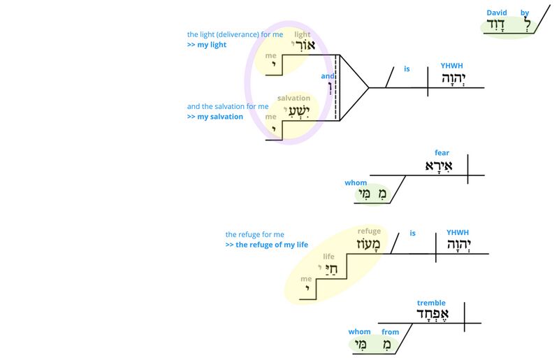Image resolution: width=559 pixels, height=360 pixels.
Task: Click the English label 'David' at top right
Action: (497, 13)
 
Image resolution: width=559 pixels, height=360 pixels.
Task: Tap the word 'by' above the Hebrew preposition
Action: (525, 13)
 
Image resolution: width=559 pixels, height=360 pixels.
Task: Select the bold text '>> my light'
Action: (206, 45)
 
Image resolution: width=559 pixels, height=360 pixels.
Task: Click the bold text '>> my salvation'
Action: (215, 117)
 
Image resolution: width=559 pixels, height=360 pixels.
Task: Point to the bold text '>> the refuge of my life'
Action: (267, 245)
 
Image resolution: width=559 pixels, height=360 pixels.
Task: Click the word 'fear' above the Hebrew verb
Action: (442, 152)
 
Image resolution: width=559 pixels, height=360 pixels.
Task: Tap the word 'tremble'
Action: (431, 303)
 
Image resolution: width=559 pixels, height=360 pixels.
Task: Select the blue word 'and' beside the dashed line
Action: (327, 76)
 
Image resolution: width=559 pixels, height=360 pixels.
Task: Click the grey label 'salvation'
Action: (293, 99)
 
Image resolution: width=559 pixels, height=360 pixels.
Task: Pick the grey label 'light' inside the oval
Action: (302, 34)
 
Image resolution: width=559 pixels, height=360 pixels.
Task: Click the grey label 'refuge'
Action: (369, 231)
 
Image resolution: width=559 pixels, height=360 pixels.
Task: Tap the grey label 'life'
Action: (328, 257)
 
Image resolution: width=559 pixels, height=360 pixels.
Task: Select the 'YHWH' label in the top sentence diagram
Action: (451, 66)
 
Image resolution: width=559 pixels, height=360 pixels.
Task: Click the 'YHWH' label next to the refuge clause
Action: (458, 233)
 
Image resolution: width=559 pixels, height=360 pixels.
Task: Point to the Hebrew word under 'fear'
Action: (440, 166)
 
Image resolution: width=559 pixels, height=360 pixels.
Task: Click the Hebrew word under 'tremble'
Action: (433, 315)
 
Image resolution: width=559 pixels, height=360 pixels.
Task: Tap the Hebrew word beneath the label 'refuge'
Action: (369, 243)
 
